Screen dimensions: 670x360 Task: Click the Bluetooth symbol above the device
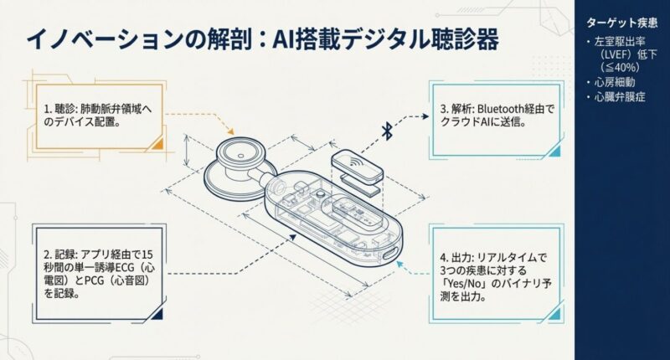(387, 131)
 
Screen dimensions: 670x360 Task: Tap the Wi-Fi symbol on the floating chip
(355, 162)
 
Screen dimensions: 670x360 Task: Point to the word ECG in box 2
(124, 268)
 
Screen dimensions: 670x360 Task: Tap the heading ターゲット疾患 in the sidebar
(621, 23)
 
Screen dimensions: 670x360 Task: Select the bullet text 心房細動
(615, 82)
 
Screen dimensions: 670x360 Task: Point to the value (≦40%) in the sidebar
(619, 67)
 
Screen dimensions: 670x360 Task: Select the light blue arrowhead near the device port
(400, 265)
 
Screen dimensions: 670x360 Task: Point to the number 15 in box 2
(147, 255)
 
